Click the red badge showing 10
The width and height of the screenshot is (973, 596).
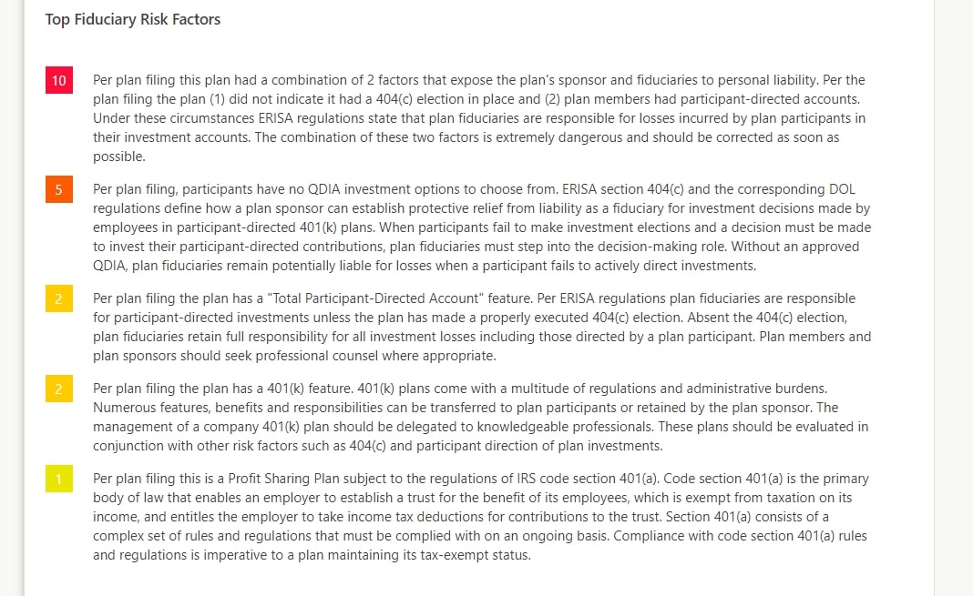click(x=58, y=81)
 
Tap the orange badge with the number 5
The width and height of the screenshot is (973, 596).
click(x=58, y=190)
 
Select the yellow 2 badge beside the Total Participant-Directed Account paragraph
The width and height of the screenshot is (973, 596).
click(x=58, y=298)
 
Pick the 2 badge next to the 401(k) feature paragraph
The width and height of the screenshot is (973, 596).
click(x=58, y=389)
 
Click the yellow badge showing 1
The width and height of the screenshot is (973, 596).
click(x=58, y=479)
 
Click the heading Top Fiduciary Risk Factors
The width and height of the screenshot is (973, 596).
click(x=133, y=19)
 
